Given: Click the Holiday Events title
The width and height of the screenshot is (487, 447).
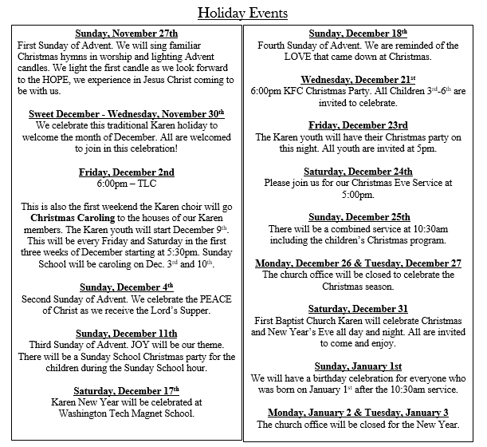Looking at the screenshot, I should [243, 14].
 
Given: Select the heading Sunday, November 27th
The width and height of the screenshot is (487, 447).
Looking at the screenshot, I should [126, 34].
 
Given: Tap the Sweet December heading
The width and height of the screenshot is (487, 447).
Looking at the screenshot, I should [126, 113].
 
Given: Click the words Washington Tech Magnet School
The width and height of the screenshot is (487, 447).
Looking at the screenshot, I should [126, 413].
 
